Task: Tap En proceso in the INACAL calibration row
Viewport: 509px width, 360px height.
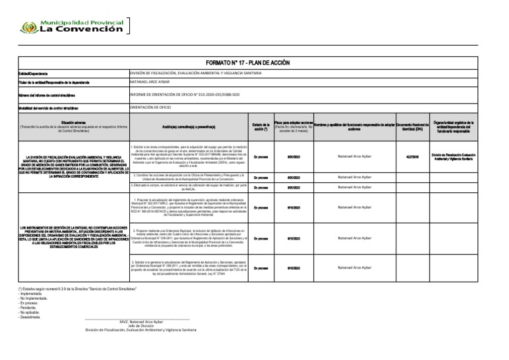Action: [260, 187]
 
